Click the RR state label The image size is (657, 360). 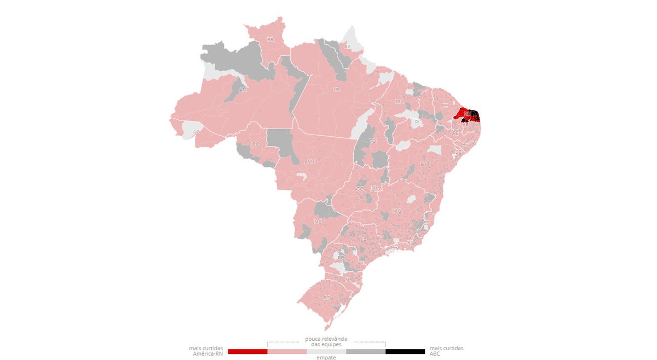pos(270,39)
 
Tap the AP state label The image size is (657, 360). pos(347,47)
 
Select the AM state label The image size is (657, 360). pos(243,89)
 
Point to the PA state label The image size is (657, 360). pos(336,89)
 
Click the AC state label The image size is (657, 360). pos(196,132)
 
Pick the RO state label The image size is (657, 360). pos(256,144)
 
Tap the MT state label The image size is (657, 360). pos(311,161)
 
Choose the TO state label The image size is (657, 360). pos(373,141)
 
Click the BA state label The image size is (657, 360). pos(424,164)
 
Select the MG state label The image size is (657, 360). pos(397,211)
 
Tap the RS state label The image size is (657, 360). pos(327,297)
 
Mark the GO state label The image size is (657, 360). pos(360,189)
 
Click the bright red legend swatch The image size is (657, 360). pos(247,351)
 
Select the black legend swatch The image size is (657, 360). pos(405,351)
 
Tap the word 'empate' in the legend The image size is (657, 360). pos(326,357)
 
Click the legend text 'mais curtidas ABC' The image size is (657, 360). pos(446,351)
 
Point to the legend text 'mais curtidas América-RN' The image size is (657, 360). pos(206,351)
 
